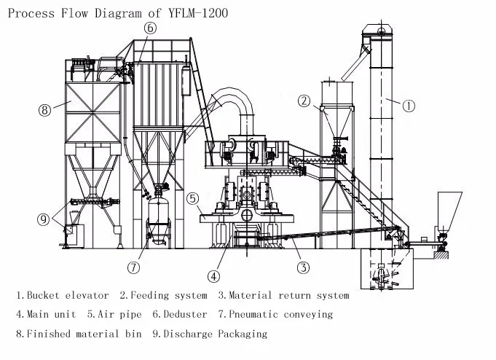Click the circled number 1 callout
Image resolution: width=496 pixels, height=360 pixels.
pyautogui.click(x=409, y=106)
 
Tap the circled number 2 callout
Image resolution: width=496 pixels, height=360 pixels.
pyautogui.click(x=305, y=101)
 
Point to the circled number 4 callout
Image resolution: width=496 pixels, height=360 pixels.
pyautogui.click(x=213, y=276)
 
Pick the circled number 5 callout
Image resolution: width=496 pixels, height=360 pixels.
pyautogui.click(x=192, y=197)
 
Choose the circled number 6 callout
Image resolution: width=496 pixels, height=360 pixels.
pyautogui.click(x=149, y=28)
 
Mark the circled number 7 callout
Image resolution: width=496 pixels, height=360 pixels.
pyautogui.click(x=133, y=267)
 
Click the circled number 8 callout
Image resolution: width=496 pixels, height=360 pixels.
pyautogui.click(x=45, y=110)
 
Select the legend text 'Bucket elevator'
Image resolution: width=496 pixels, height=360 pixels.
pyautogui.click(x=68, y=296)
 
